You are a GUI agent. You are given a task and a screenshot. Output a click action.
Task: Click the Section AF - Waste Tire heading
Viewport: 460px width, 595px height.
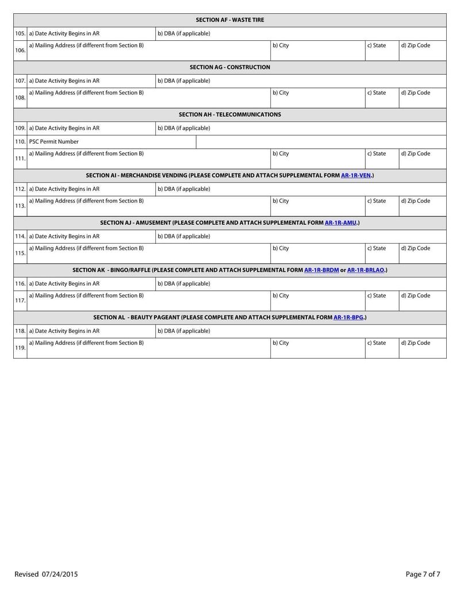[230, 20]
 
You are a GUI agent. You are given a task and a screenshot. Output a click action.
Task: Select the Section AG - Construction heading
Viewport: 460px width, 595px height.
[230, 67]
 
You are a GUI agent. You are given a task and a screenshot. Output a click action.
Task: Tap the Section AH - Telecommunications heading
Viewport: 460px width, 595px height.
[230, 114]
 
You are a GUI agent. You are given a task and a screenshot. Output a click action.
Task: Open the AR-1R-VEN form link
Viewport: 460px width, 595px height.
[356, 175]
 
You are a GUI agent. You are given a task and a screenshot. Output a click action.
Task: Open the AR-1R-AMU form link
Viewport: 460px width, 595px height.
[341, 222]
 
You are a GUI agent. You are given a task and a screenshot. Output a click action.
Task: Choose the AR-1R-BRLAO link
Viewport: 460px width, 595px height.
[366, 270]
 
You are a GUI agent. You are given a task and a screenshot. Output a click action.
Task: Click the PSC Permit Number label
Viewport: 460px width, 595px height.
[54, 141]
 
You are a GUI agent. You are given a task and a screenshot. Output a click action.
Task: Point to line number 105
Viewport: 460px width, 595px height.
[20, 33]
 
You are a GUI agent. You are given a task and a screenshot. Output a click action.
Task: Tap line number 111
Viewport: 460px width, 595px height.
[20, 158]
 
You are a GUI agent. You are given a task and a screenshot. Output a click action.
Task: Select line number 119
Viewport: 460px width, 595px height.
[20, 348]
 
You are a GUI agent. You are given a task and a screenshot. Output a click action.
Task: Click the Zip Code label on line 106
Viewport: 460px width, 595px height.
[415, 45]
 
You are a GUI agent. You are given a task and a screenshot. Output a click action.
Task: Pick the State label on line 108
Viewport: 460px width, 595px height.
[377, 93]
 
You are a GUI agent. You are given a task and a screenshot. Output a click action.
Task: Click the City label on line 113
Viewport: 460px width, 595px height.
[281, 201]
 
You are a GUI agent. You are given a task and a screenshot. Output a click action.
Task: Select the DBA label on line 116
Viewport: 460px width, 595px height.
[183, 283]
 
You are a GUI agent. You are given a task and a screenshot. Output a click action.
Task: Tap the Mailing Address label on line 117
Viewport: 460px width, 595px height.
[86, 295]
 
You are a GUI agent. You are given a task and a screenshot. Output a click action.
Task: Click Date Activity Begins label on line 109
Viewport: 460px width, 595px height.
[64, 128]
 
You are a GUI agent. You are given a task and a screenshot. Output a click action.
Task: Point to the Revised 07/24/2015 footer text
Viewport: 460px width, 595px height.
[46, 574]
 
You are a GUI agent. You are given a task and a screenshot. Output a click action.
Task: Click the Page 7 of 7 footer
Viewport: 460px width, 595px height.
[423, 574]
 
